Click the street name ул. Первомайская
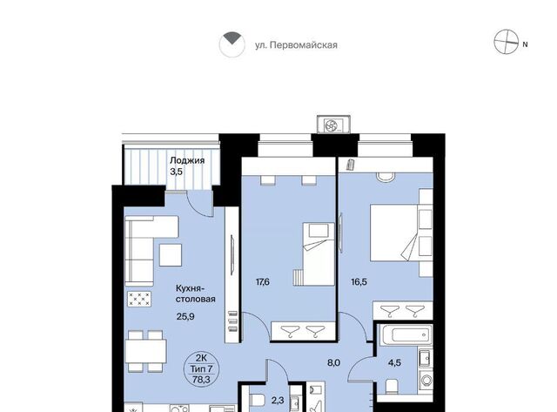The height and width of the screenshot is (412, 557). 296,45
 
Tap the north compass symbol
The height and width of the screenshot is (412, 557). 507,42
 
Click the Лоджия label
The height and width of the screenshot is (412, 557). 187,160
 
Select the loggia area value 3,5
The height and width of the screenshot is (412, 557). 176,172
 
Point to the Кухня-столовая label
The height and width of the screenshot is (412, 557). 195,294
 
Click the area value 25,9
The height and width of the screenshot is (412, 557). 185,316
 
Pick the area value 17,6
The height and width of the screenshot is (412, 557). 263,282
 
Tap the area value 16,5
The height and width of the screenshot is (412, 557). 359,282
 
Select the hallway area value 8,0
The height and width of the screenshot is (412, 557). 334,362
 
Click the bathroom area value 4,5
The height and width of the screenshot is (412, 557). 394,362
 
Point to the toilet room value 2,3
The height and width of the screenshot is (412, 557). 278,401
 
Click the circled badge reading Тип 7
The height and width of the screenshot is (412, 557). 201,368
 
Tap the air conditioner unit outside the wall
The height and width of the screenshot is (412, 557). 333,125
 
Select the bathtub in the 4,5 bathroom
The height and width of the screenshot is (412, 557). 406,334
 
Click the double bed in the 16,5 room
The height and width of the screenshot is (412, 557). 394,233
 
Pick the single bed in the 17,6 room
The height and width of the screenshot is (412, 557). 319,253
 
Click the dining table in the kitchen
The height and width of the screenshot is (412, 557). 146,351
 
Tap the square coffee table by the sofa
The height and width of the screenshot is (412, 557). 171,255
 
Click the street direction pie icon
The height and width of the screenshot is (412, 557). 232,44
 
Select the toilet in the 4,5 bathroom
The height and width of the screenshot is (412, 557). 392,387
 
